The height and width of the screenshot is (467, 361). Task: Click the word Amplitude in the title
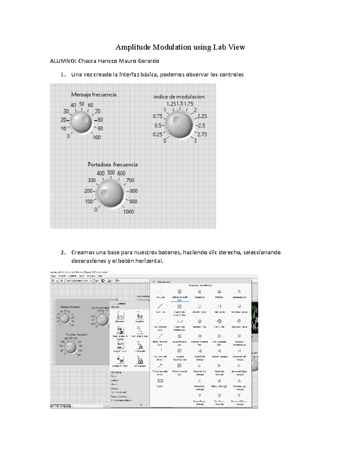click(133, 47)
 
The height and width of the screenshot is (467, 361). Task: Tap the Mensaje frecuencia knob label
click(94, 95)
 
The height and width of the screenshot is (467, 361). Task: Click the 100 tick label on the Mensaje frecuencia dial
click(97, 137)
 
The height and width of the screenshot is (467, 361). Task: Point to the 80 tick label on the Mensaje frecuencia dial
click(100, 120)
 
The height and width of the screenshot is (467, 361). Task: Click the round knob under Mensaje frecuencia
click(81, 122)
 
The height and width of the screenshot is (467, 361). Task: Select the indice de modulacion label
click(179, 97)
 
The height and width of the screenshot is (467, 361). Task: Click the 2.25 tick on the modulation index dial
click(202, 116)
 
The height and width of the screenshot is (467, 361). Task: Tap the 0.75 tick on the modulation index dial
click(157, 116)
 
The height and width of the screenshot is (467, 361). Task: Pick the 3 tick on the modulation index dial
click(195, 141)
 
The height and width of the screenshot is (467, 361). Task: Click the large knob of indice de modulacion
click(179, 125)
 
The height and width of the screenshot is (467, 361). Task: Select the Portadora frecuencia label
click(113, 165)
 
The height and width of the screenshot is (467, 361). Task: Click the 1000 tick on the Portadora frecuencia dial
click(128, 212)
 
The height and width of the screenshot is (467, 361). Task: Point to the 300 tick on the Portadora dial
click(92, 180)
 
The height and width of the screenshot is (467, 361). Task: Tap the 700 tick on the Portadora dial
click(130, 180)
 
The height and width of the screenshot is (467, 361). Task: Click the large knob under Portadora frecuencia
click(110, 194)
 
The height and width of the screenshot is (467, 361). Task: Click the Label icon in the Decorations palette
click(160, 381)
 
